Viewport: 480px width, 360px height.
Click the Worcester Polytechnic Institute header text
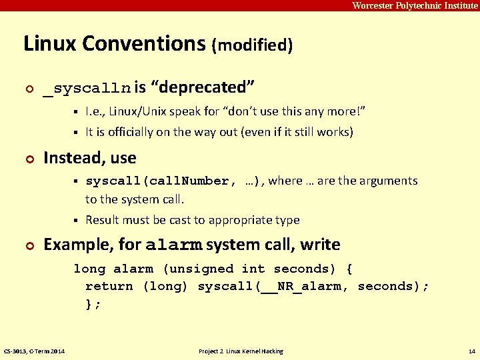(415, 5)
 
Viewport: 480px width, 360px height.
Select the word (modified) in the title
(252, 45)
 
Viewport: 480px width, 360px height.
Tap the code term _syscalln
(87, 88)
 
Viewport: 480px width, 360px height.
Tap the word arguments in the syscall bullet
(387, 181)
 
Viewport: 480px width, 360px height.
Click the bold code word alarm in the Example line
(173, 245)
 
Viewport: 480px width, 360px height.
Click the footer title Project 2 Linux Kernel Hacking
(241, 351)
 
